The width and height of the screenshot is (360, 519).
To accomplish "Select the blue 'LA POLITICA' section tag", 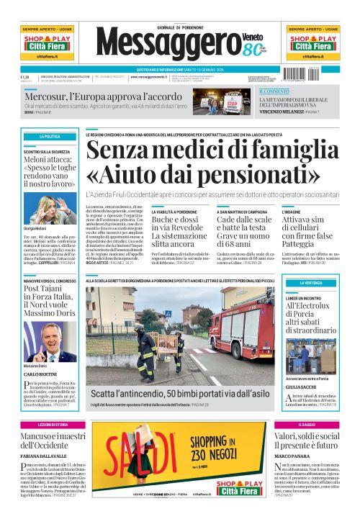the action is tap(50, 136).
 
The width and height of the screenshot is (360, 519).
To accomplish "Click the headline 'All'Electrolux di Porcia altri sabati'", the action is tap(310, 314).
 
